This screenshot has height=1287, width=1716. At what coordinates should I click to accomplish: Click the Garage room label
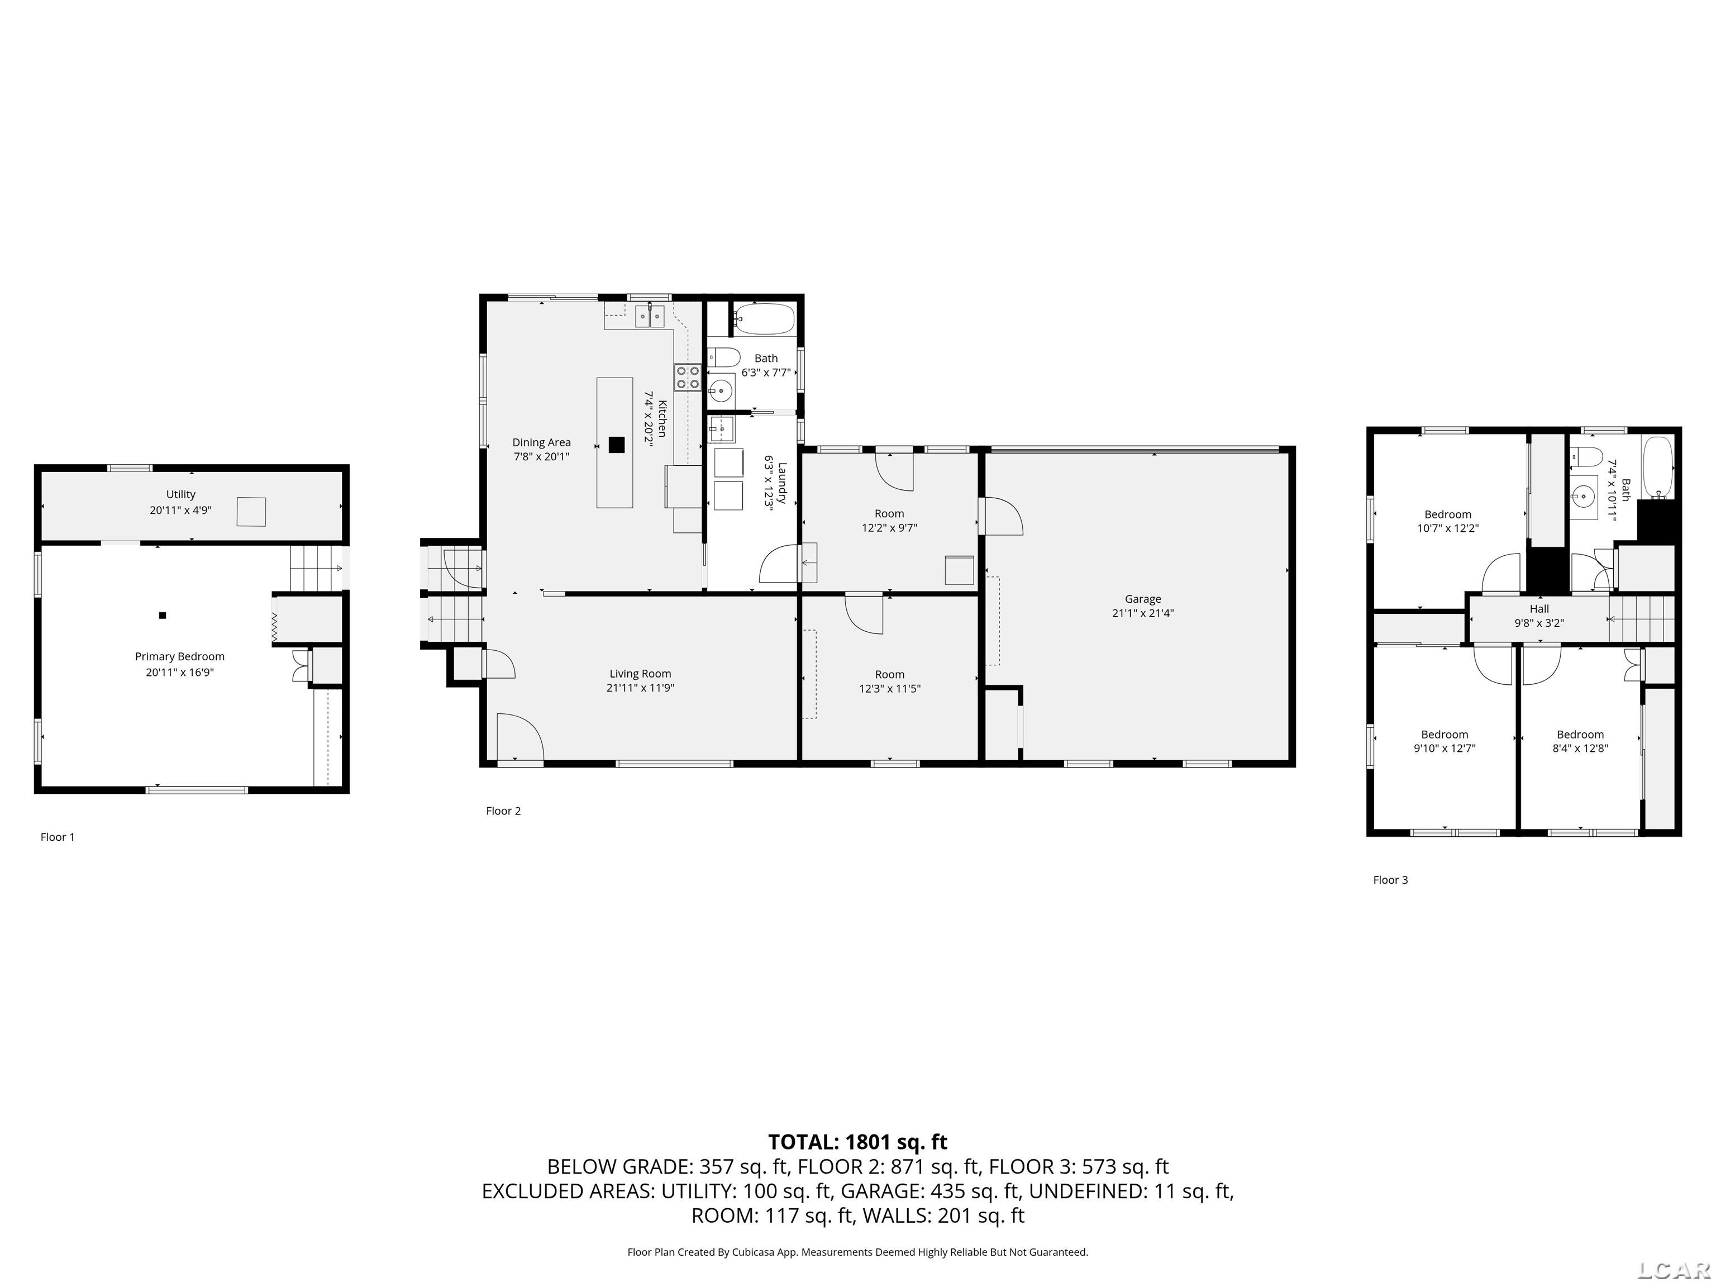1143,599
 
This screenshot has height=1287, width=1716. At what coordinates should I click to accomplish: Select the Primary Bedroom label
179,657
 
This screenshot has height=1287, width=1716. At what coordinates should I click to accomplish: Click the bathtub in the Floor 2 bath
764,318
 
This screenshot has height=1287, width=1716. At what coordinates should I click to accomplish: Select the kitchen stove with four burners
687,378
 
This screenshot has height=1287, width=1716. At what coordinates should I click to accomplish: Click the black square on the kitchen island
617,445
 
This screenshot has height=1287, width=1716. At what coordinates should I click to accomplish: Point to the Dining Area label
541,442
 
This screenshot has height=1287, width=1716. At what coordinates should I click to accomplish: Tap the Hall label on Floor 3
1539,609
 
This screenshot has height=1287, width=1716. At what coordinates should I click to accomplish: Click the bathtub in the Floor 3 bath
1658,468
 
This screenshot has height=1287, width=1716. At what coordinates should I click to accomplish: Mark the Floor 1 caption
58,837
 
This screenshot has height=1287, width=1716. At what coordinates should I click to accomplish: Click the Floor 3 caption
1390,880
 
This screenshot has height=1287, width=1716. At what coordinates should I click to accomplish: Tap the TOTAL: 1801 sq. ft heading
857,1142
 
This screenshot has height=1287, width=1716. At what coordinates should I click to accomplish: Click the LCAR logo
1674,1269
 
